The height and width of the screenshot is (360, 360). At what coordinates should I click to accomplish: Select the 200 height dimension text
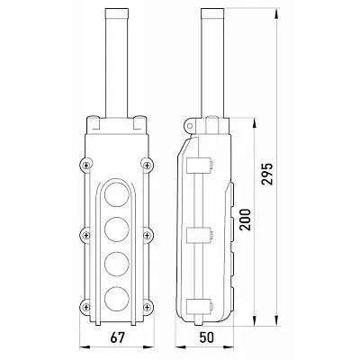[246, 220]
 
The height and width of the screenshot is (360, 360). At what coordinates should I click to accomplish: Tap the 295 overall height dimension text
[267, 174]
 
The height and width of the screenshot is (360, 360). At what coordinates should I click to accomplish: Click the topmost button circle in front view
[117, 194]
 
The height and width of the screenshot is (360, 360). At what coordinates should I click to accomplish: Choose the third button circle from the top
[117, 264]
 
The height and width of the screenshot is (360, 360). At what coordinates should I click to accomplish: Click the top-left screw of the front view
[86, 165]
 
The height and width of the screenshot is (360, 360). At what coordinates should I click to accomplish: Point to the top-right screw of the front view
[147, 165]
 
